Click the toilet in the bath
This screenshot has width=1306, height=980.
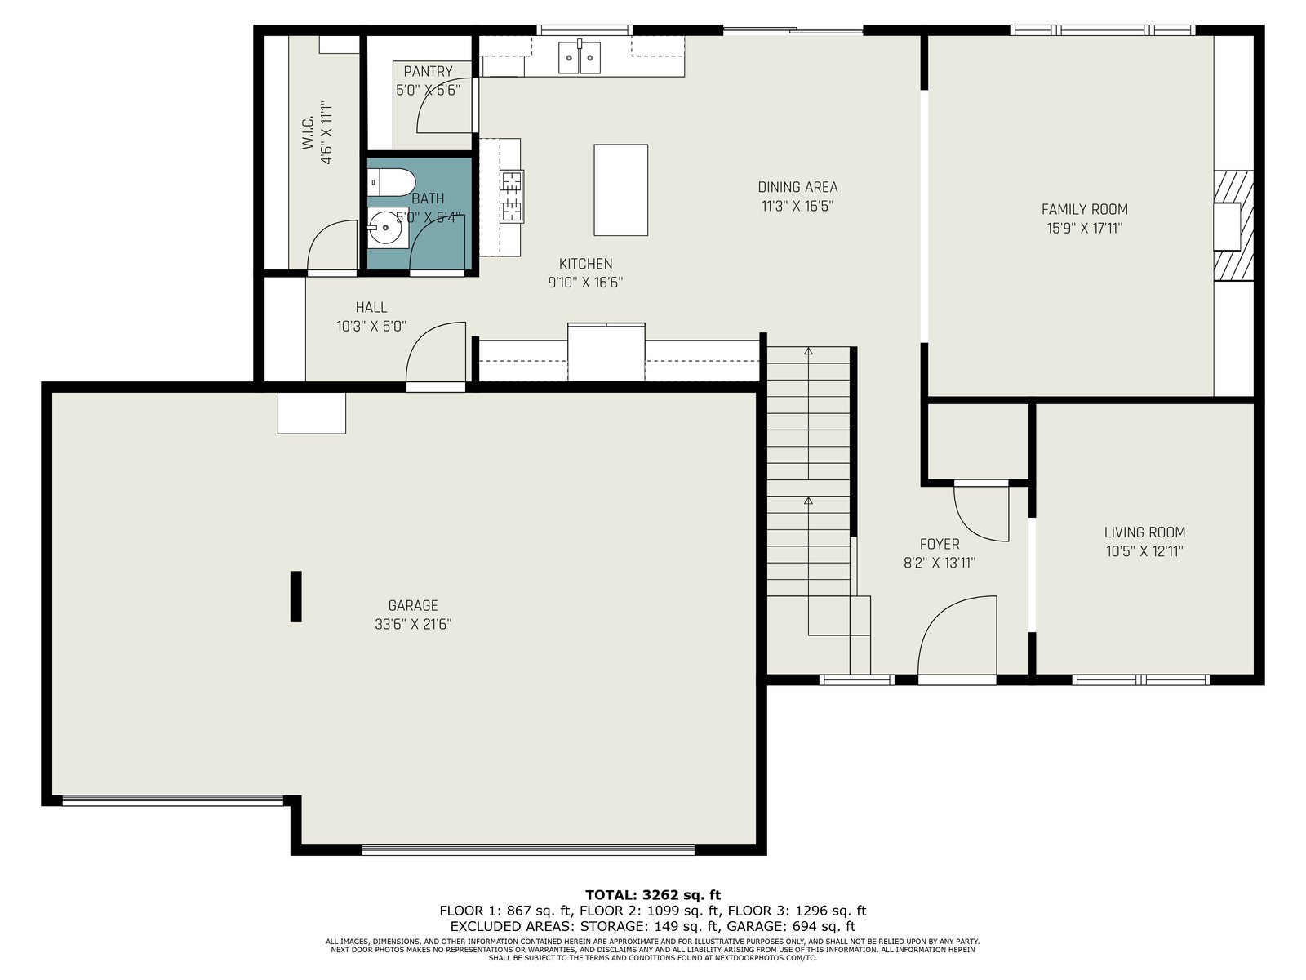click(389, 182)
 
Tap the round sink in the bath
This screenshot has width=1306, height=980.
click(385, 227)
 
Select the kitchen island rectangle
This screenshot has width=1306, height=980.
click(620, 189)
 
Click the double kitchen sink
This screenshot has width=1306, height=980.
click(579, 57)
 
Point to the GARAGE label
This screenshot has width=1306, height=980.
click(412, 605)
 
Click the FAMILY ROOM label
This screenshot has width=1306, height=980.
click(1084, 209)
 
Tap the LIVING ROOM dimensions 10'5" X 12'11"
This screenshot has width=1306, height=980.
click(1144, 551)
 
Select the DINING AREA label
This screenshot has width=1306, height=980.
click(797, 187)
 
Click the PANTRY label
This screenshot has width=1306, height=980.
click(428, 71)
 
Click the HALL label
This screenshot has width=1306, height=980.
click(371, 307)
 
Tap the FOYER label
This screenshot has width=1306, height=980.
click(939, 544)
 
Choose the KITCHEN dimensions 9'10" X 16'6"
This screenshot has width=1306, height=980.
click(585, 282)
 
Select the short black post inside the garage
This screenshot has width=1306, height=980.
click(295, 596)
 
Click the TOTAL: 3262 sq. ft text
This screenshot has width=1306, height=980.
click(653, 894)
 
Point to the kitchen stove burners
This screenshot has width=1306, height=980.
click(511, 196)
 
